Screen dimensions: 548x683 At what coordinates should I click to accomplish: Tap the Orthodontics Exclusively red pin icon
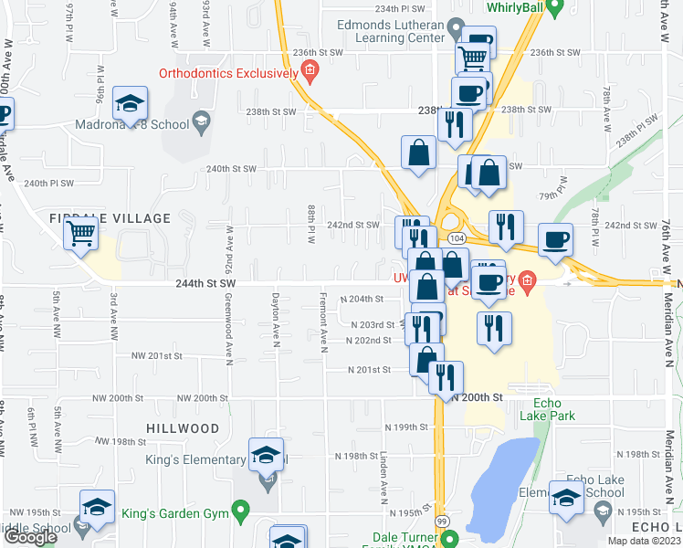[310, 69]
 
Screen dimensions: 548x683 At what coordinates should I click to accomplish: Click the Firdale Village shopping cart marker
[81, 234]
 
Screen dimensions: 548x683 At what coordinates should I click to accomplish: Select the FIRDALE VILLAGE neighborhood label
[110, 218]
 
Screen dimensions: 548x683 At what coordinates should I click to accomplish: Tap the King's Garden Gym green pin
[241, 509]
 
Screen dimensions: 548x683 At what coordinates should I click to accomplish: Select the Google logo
[29, 537]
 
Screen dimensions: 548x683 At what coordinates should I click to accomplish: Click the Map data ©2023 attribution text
[645, 541]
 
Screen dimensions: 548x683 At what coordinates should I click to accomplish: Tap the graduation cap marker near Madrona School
[131, 104]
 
